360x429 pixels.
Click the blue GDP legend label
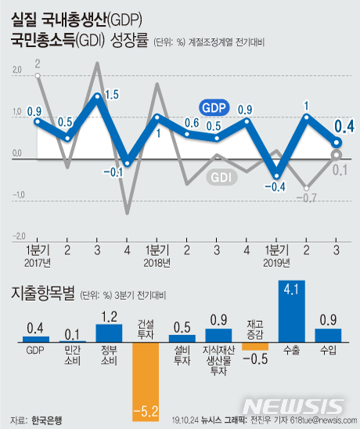pyautogui.click(x=214, y=106)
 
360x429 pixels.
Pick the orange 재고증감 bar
pyautogui.click(x=255, y=345)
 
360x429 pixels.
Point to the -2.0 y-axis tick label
pyautogui.click(x=16, y=234)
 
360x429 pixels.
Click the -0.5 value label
pyautogui.click(x=257, y=358)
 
